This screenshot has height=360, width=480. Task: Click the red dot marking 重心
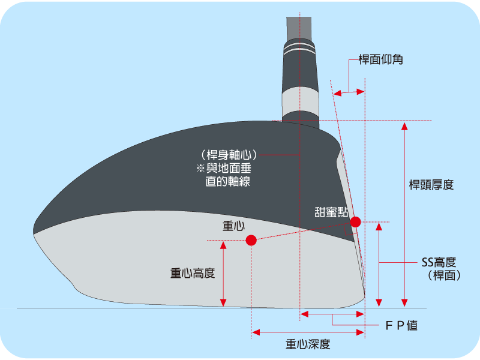click(x=251, y=241)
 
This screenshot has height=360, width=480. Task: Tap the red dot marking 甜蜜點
click(x=355, y=222)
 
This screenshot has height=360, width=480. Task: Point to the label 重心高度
click(x=193, y=273)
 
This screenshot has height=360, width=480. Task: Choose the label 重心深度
click(x=308, y=344)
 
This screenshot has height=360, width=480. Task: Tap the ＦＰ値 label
click(x=401, y=326)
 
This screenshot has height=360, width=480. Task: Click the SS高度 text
click(x=439, y=262)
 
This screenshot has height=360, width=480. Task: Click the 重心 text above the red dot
click(x=234, y=226)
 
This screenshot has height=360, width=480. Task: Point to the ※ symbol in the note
click(x=193, y=169)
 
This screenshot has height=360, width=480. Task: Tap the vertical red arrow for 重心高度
click(x=223, y=273)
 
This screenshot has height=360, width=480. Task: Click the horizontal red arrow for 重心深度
click(x=308, y=332)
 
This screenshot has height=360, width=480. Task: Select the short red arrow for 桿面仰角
click(x=349, y=92)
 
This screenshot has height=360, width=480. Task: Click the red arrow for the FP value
click(x=332, y=314)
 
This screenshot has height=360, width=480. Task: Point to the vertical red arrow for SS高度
click(x=379, y=264)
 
